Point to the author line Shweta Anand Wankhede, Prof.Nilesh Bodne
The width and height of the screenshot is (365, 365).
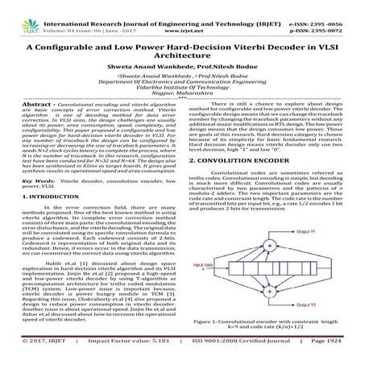(x=182, y=77)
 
